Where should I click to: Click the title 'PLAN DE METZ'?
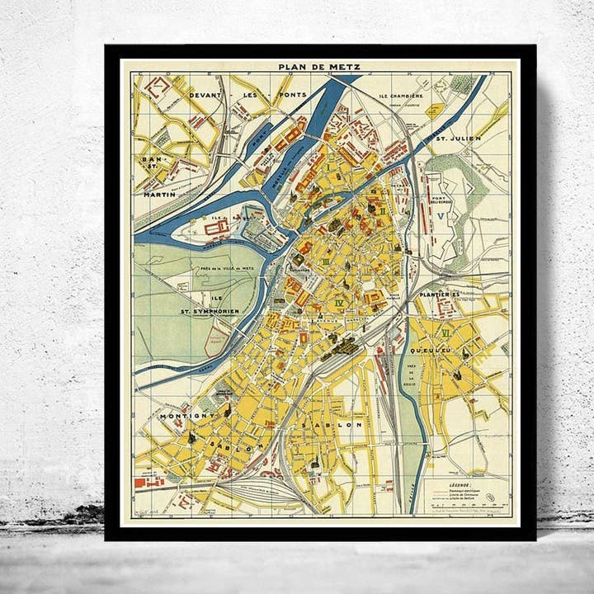pos(319,68)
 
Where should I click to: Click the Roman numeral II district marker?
pos(382,210)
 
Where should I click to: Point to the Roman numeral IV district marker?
pos(339,304)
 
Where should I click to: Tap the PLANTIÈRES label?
pos(437,295)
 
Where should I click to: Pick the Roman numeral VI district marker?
pos(446,332)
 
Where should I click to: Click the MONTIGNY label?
pos(187,415)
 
